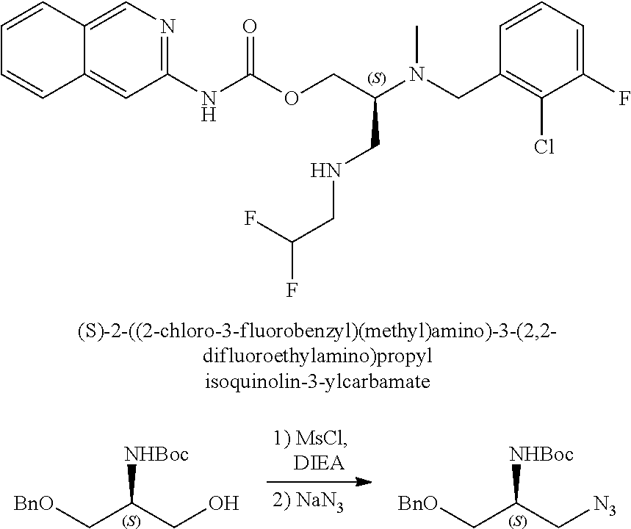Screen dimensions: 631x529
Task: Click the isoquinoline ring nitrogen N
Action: pyautogui.click(x=168, y=28)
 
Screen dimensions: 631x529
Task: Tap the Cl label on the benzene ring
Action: pyautogui.click(x=544, y=148)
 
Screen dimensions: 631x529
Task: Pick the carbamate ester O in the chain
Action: pyautogui.click(x=292, y=98)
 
